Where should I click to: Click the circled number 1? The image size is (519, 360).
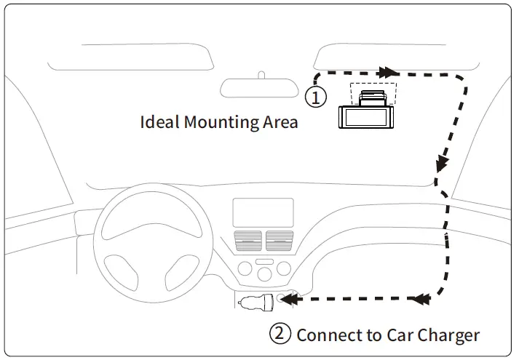(x=314, y=97)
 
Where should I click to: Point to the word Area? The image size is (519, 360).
(x=280, y=121)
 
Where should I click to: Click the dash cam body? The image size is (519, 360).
(x=368, y=118)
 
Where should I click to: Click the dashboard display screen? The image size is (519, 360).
(x=263, y=212)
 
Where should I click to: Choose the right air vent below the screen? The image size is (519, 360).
(x=280, y=241)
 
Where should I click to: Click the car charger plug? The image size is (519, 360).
(x=257, y=301)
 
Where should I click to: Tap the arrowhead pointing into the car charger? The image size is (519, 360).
(x=288, y=298)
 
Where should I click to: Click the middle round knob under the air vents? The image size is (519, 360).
(x=264, y=271)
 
